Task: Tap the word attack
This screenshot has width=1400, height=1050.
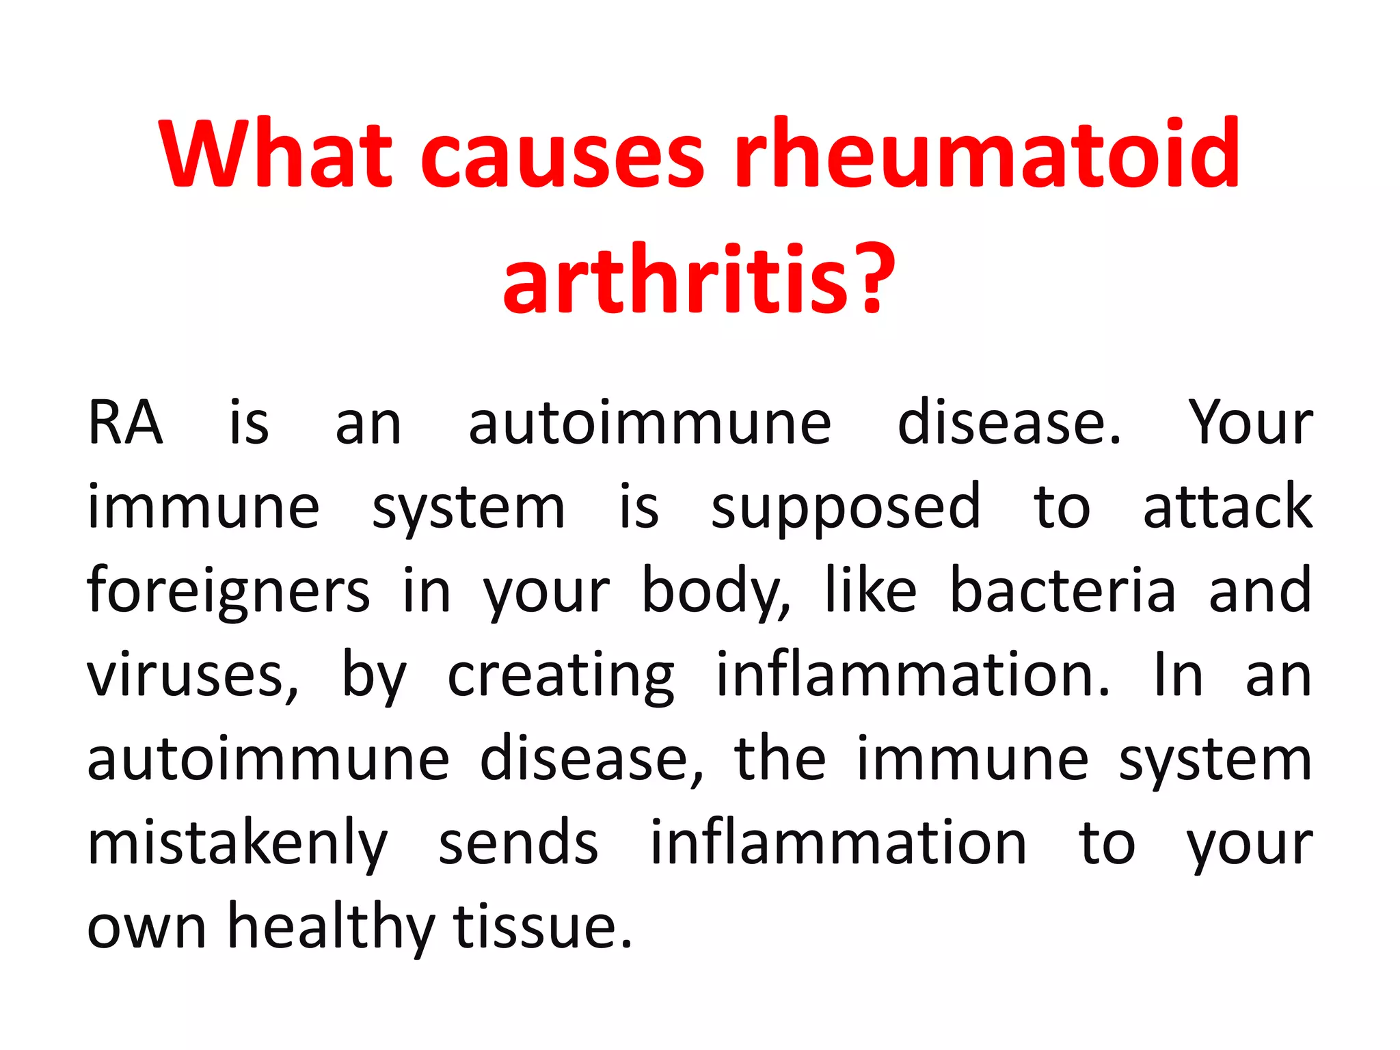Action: click(x=1228, y=507)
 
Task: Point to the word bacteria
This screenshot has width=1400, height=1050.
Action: click(x=1063, y=591)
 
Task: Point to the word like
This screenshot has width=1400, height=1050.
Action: click(x=870, y=590)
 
